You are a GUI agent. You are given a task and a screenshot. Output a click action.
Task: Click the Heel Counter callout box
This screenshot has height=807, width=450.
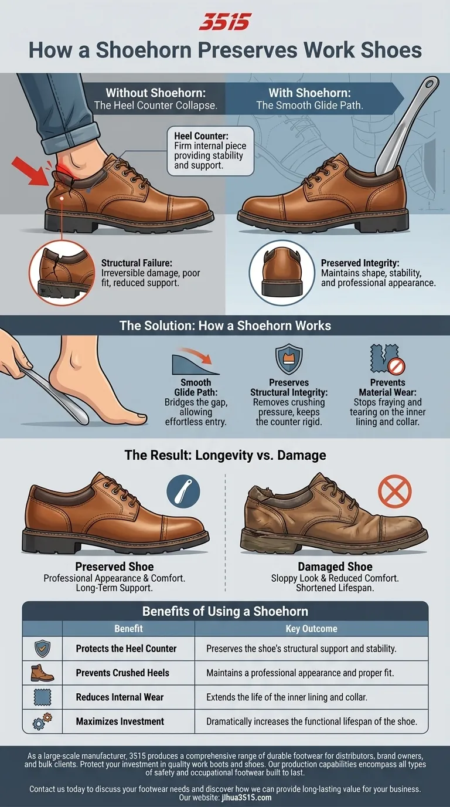(210, 150)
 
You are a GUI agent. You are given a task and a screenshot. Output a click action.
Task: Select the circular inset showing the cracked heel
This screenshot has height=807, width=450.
(62, 272)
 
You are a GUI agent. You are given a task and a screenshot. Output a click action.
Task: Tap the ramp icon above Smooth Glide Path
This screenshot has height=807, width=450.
(196, 362)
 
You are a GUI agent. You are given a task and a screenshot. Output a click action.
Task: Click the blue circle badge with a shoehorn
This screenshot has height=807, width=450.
(183, 490)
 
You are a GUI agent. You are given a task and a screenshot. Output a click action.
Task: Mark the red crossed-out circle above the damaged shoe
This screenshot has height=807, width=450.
(394, 491)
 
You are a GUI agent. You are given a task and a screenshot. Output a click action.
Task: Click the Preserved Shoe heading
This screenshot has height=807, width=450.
(114, 567)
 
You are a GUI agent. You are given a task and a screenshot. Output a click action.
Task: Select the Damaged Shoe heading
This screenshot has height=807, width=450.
(335, 567)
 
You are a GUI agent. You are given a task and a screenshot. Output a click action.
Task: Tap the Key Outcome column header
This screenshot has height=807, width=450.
(311, 628)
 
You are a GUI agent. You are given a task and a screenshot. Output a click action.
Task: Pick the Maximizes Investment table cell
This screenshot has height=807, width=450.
(120, 721)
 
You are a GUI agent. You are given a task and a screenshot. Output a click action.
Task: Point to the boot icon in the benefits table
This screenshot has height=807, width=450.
(42, 672)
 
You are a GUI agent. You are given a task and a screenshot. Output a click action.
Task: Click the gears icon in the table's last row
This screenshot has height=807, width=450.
(42, 721)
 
